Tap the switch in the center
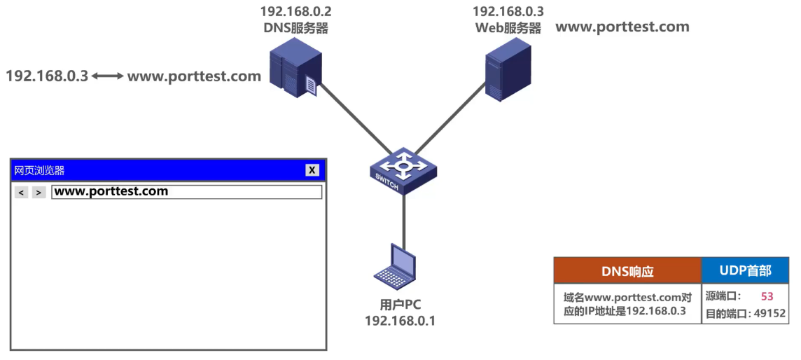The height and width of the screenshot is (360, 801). tap(404, 170)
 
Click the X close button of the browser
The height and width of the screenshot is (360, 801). tap(312, 170)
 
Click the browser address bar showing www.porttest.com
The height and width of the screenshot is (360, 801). tap(186, 192)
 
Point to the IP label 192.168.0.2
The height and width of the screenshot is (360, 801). tap(295, 12)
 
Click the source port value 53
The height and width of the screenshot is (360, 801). tap(767, 296)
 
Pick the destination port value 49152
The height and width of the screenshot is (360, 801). tap(769, 314)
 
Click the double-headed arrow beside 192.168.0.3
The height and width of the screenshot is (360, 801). tap(107, 76)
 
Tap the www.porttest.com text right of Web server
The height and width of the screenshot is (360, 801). tap(622, 27)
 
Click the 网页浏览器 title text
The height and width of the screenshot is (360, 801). tap(39, 170)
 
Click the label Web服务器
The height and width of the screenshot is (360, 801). tap(508, 29)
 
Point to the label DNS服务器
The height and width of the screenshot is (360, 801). tap(295, 29)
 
